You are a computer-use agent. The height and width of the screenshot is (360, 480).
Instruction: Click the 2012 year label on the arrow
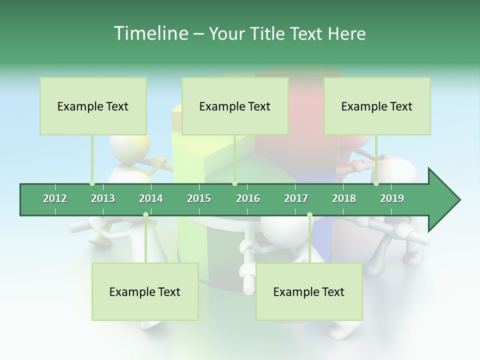pyautogui.click(x=55, y=198)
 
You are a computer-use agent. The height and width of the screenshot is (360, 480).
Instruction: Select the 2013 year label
pyautogui.click(x=103, y=198)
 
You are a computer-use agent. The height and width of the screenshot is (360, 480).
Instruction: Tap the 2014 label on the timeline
pyautogui.click(x=151, y=198)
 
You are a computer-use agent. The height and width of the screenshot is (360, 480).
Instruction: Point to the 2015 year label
pyautogui.click(x=199, y=198)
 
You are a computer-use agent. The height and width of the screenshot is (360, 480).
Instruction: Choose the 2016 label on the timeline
pyautogui.click(x=248, y=198)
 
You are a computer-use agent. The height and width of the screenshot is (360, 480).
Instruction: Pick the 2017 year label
pyautogui.click(x=296, y=198)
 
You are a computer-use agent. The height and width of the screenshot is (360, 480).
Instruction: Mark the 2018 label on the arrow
pyautogui.click(x=344, y=198)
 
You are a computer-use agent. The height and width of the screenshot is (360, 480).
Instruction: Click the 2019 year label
pyautogui.click(x=392, y=198)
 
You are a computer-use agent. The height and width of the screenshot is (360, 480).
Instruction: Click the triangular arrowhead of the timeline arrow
pyautogui.click(x=443, y=200)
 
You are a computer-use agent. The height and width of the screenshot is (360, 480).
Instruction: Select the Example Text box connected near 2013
pyautogui.click(x=93, y=106)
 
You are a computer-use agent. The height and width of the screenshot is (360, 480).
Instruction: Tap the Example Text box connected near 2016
pyautogui.click(x=235, y=106)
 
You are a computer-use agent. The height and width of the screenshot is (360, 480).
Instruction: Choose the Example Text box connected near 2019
pyautogui.click(x=377, y=106)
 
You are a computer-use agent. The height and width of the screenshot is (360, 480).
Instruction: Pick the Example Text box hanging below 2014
pyautogui.click(x=145, y=291)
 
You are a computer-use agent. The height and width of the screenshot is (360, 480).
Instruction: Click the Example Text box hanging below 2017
pyautogui.click(x=309, y=291)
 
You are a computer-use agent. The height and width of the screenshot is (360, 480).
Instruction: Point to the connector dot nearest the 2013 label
pyautogui.click(x=92, y=183)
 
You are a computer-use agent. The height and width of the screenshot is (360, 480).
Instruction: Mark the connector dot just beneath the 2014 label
pyautogui.click(x=145, y=215)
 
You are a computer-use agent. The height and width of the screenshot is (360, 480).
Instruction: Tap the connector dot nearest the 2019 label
pyautogui.click(x=376, y=183)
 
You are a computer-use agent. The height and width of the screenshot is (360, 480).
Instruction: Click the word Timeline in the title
pyautogui.click(x=150, y=33)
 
